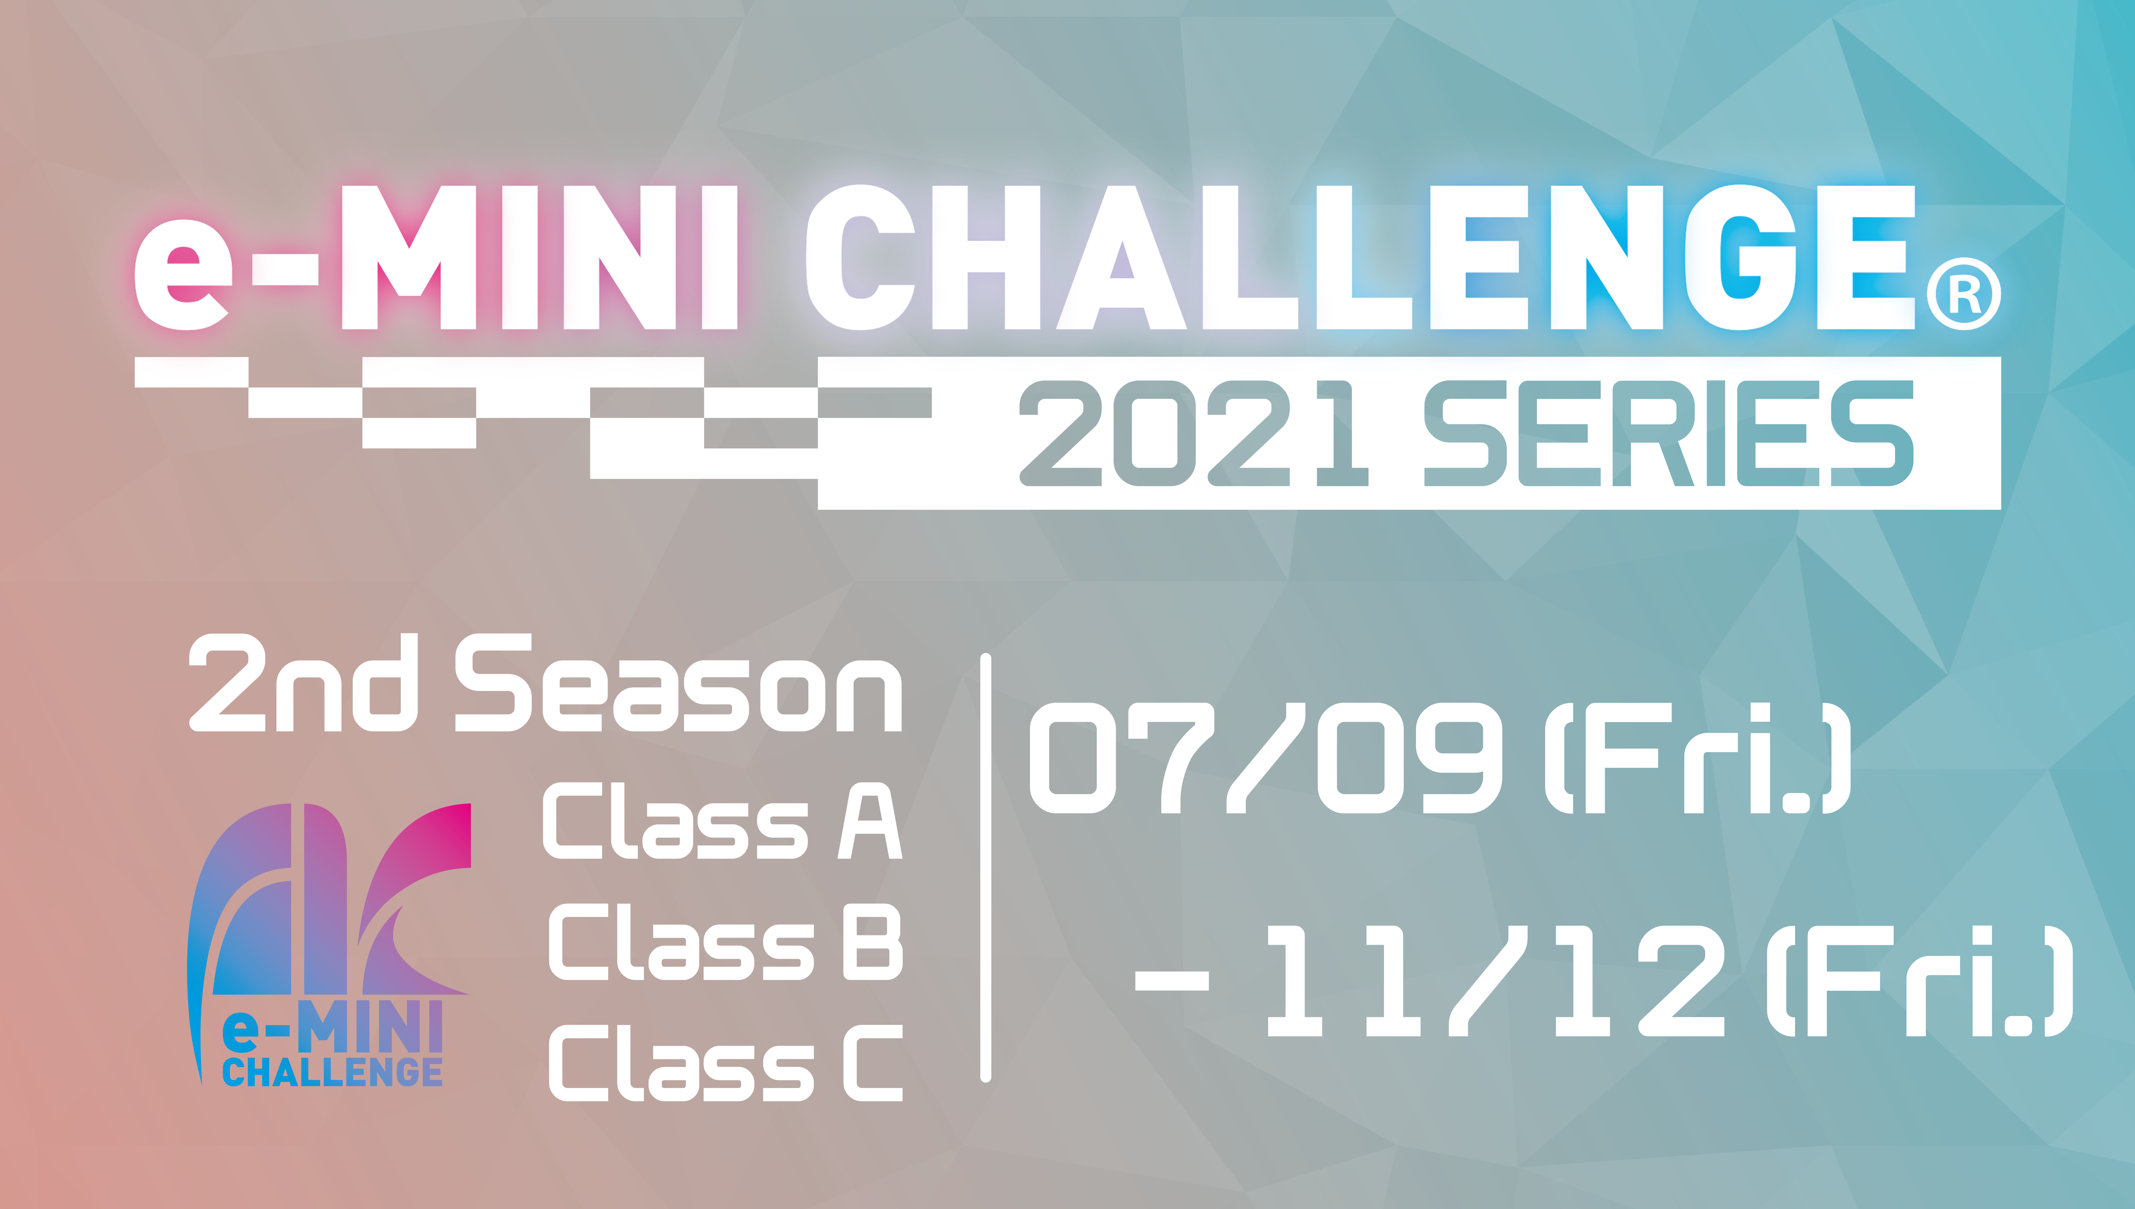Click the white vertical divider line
986,868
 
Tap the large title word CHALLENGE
1360,257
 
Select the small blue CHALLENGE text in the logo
332,1071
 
